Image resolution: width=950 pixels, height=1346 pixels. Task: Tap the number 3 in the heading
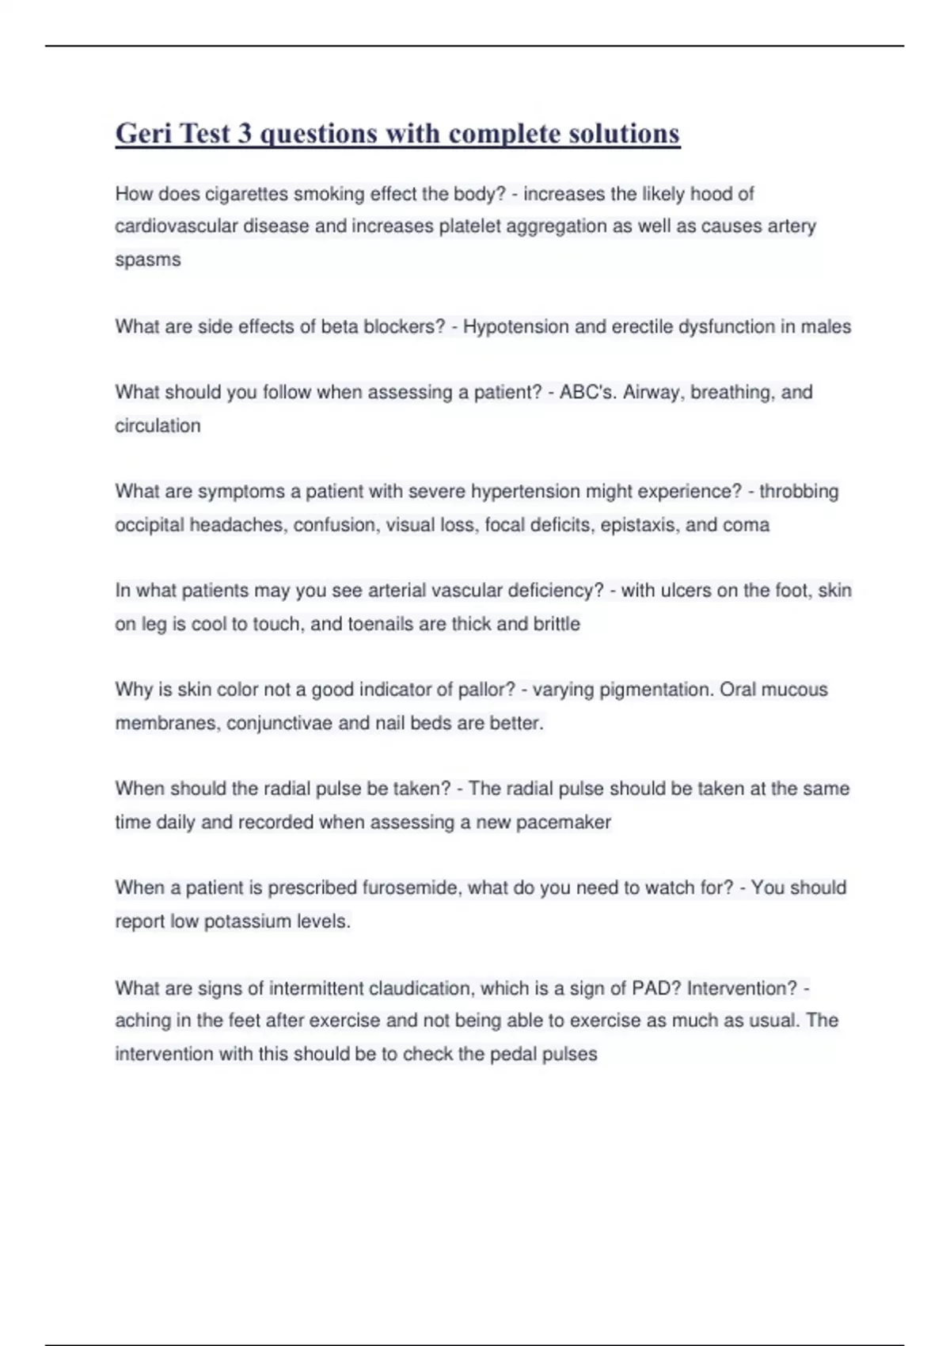click(x=245, y=134)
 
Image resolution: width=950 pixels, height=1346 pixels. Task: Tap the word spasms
click(x=148, y=260)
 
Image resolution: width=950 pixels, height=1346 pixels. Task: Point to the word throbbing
click(x=799, y=492)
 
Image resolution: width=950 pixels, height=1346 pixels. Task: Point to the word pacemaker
click(x=563, y=823)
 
